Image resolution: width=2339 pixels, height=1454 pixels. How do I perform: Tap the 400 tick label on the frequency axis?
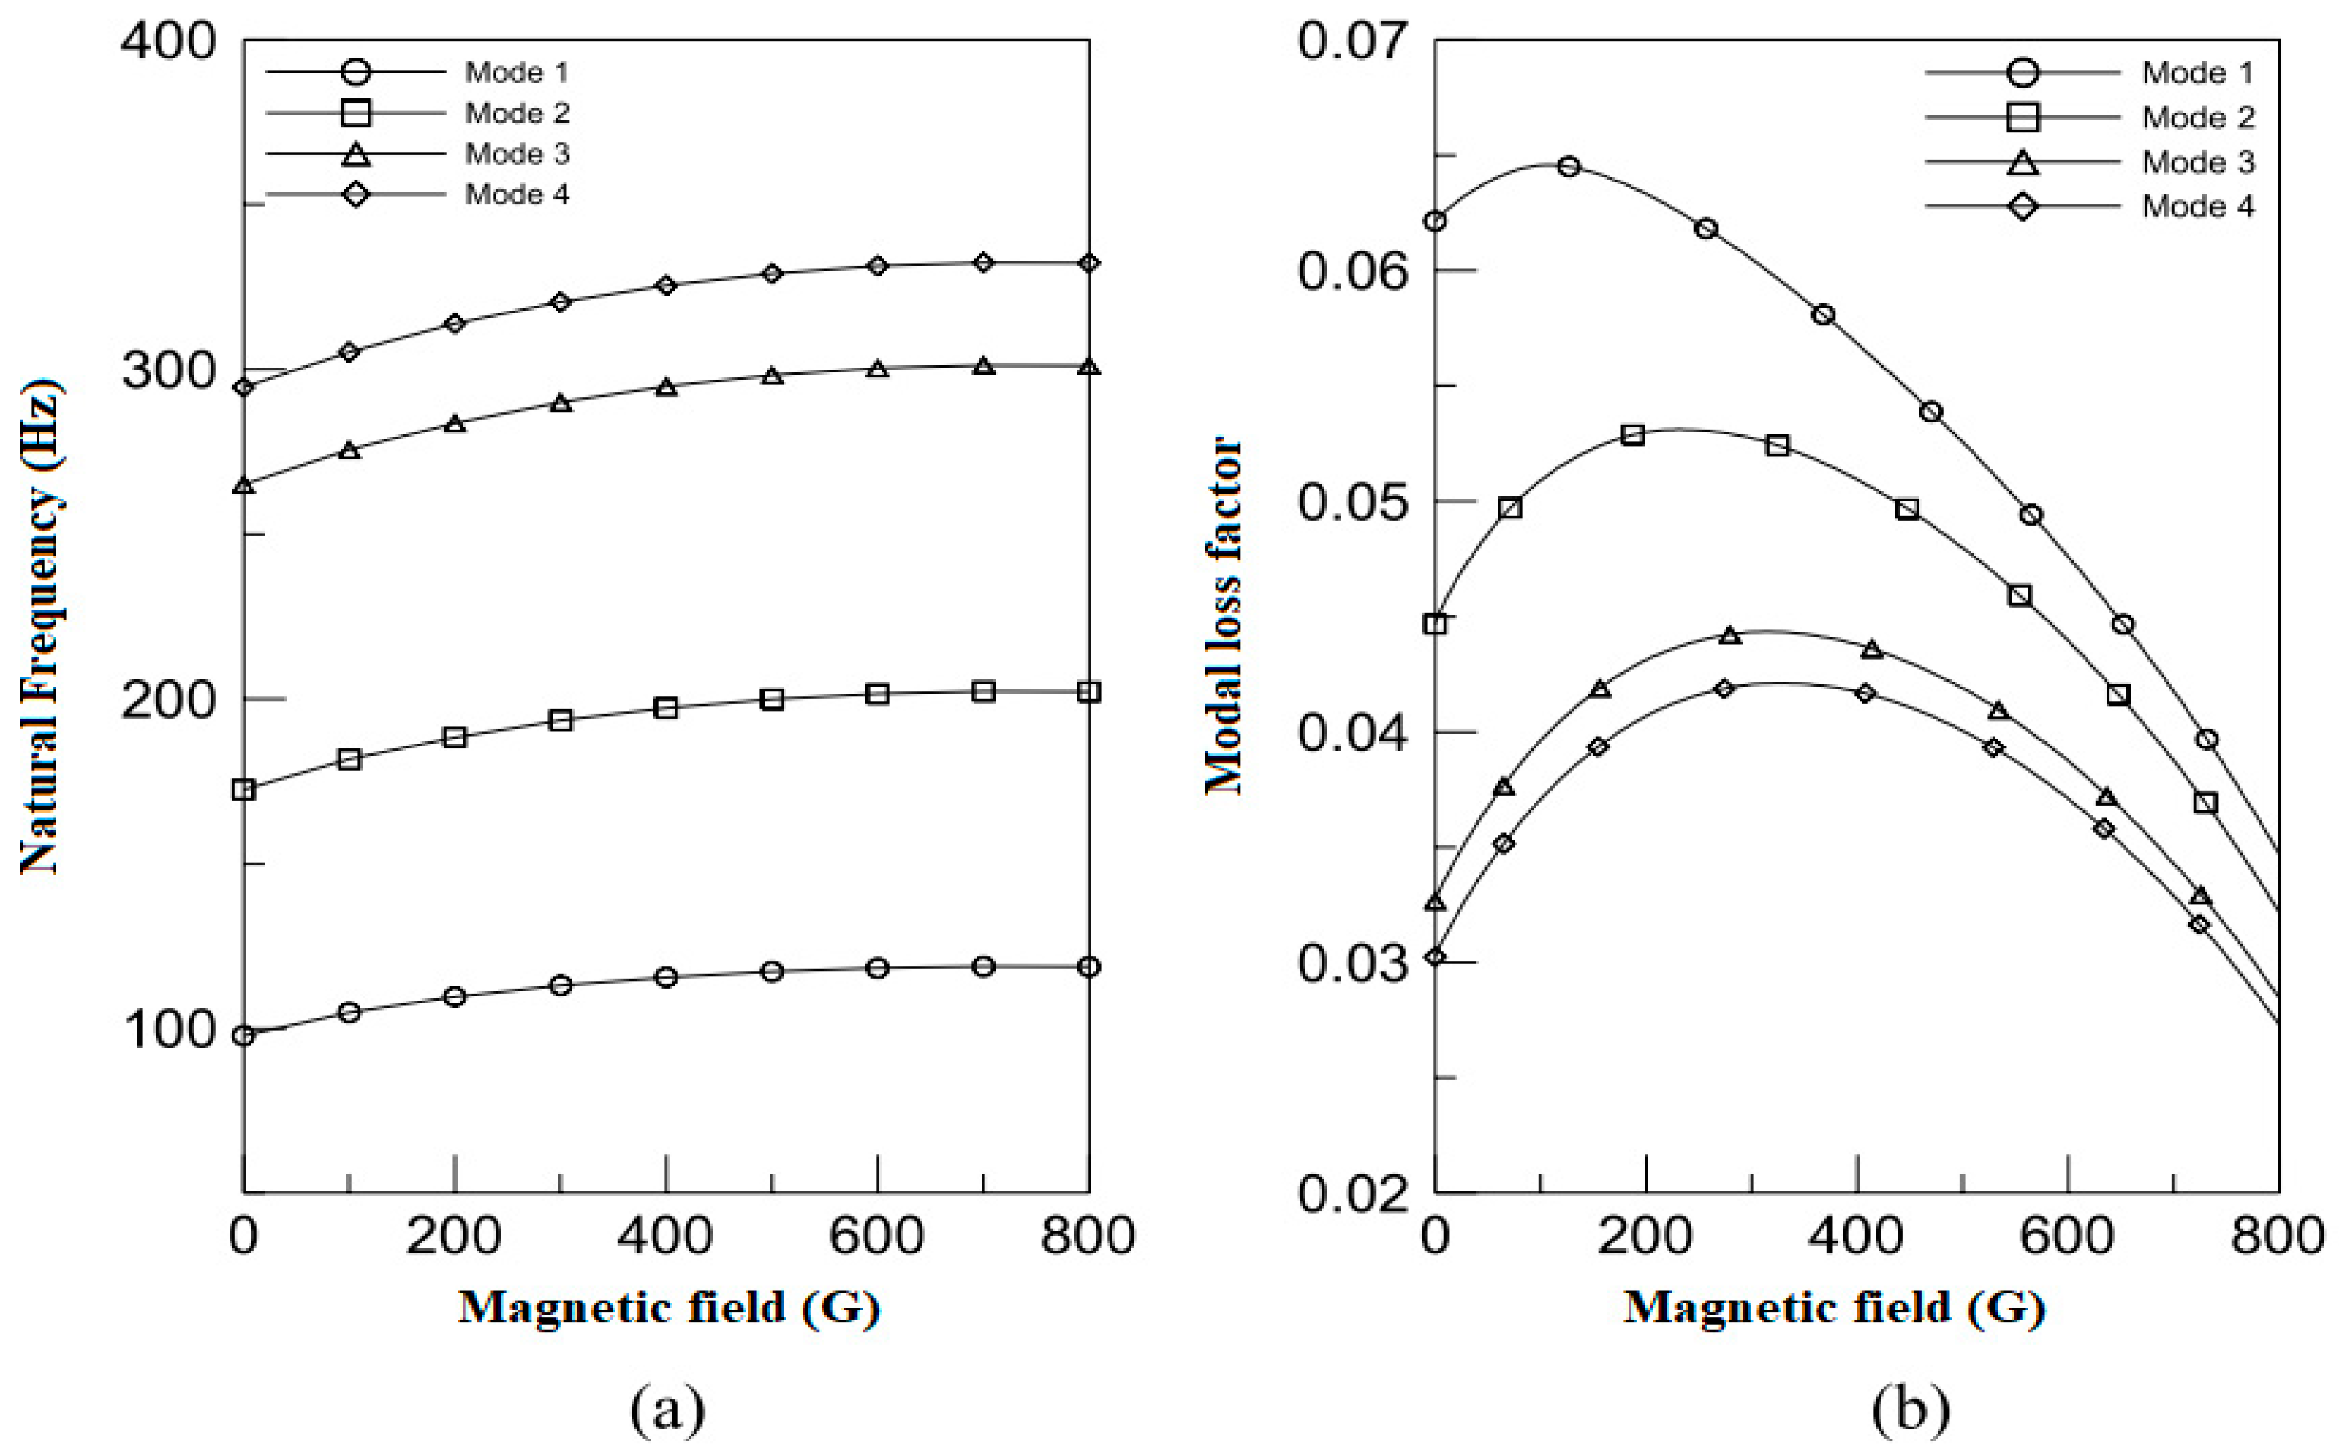168,42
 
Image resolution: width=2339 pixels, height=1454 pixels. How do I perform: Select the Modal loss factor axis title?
1224,615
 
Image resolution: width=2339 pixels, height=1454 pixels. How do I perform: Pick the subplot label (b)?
1910,1409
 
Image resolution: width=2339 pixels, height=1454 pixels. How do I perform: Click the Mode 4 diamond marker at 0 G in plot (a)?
244,387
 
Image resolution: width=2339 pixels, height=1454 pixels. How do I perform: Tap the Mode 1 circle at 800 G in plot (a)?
1089,967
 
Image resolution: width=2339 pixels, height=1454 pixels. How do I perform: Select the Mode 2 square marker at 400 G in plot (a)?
665,708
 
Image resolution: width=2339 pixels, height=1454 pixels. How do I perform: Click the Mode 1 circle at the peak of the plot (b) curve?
1569,166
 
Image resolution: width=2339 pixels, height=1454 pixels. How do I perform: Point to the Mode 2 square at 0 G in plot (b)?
1436,623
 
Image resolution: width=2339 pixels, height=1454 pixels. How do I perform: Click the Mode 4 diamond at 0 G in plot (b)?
1436,957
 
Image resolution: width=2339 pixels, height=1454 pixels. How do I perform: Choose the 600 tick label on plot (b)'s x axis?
2067,1236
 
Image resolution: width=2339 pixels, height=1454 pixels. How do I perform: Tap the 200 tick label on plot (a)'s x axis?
453,1236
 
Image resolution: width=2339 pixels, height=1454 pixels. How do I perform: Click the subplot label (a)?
667,1409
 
